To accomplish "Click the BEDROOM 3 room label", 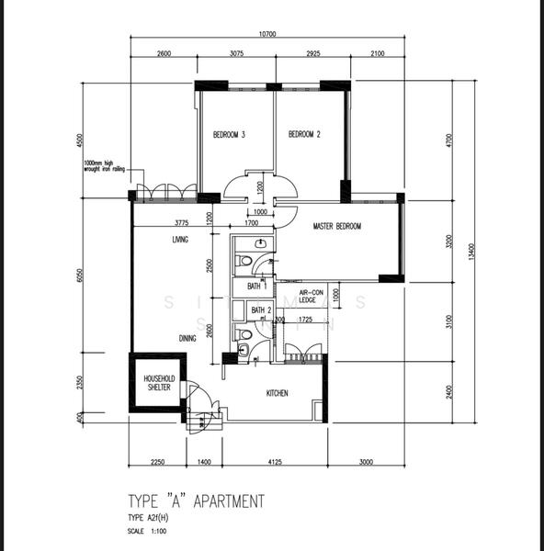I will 229,135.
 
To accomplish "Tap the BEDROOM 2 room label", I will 304,135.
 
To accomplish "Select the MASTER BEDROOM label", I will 336,226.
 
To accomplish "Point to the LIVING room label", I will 180,240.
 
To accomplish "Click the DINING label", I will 187,338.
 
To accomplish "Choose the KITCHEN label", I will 277,393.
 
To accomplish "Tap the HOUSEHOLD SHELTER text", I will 158,383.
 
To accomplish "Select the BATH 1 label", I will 259,287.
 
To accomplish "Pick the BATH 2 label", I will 261,310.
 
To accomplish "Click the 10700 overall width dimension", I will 267,34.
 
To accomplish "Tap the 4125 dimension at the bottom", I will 274,462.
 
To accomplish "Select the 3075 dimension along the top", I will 236,53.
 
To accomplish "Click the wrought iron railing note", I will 104,165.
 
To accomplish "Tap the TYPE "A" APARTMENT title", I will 196,501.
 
